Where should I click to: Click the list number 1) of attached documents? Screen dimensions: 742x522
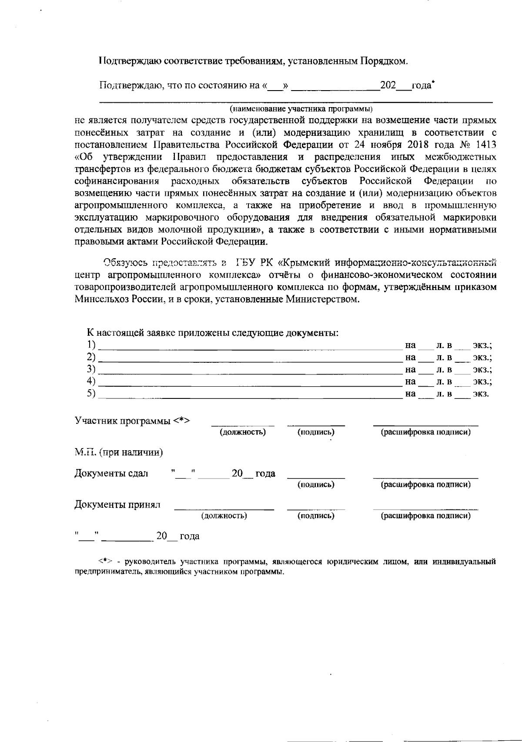click(91, 345)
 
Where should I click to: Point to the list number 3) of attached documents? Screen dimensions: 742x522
click(91, 369)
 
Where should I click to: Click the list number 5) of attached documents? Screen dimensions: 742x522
click(91, 393)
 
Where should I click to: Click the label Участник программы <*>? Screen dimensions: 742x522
click(133, 421)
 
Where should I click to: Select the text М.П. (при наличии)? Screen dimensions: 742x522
click(119, 452)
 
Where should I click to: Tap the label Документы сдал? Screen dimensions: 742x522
click(111, 473)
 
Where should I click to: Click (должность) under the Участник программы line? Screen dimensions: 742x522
click(242, 432)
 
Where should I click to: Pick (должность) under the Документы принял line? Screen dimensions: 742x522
click(224, 516)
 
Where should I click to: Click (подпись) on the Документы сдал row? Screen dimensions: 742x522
click(316, 485)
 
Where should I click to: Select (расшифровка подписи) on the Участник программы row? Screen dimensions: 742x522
click(426, 432)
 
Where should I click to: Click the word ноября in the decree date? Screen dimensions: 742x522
click(370, 144)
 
